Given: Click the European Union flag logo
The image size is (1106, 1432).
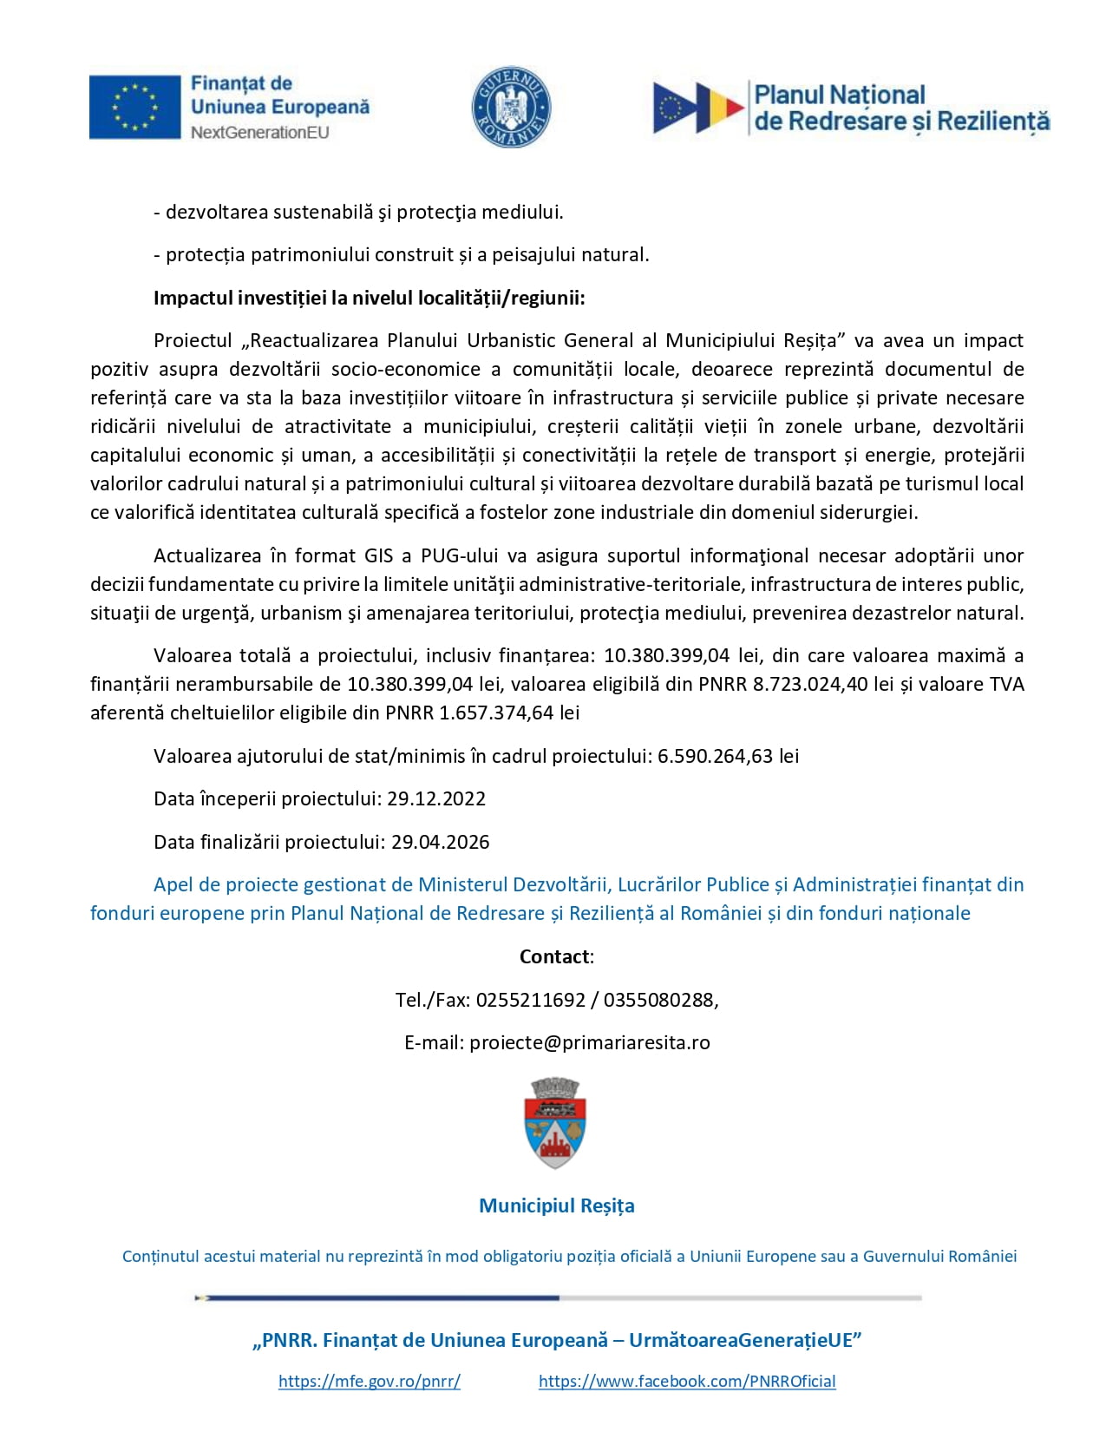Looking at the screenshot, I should point(134,107).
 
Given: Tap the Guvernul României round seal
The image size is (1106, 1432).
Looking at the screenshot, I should point(511,108).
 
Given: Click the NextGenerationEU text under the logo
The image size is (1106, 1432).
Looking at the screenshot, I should point(260,133).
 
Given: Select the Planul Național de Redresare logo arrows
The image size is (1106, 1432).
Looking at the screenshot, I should point(698,108).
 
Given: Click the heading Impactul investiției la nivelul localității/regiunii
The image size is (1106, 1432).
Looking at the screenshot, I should point(370,299).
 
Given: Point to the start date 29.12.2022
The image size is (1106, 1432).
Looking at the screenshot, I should point(436,798).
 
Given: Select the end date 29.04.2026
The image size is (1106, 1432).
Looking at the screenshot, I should point(440,842).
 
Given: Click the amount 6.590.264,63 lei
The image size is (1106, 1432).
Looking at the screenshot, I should point(728,756).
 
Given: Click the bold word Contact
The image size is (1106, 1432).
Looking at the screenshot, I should point(554,956).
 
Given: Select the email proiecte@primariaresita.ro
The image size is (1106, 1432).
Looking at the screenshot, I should point(590,1042).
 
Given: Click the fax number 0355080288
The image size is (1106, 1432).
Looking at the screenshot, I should point(658,1000).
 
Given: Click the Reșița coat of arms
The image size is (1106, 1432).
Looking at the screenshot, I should point(556,1122).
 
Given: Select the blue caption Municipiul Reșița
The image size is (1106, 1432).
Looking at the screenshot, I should point(557,1205).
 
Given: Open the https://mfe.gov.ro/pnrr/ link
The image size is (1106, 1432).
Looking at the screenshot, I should point(370,1381).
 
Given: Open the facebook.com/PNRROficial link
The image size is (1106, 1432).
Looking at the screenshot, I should point(687,1381).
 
